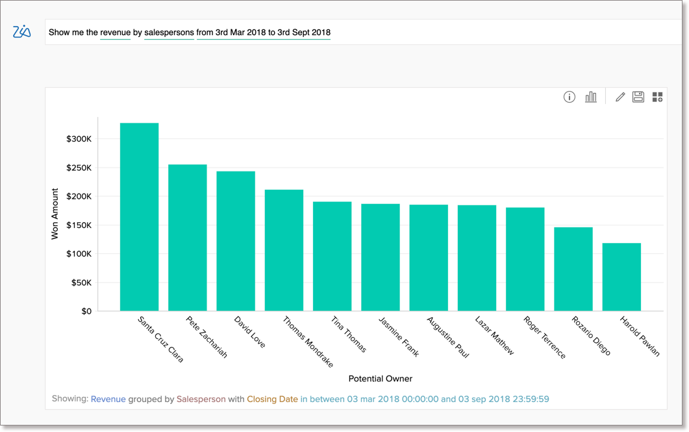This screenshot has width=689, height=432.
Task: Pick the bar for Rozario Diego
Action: [573, 269]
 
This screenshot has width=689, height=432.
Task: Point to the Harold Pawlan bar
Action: [621, 277]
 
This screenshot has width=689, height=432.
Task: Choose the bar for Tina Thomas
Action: [332, 256]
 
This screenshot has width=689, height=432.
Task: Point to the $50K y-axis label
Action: [81, 283]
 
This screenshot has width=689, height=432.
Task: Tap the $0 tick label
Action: [86, 311]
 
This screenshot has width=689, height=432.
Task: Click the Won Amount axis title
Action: [55, 214]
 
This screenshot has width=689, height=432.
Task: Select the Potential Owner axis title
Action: [381, 379]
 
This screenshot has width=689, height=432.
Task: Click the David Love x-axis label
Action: [250, 332]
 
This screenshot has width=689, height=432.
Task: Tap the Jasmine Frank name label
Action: [399, 337]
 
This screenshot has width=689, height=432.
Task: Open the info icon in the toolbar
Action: [570, 97]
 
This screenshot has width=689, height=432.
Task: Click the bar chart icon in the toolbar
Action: [591, 97]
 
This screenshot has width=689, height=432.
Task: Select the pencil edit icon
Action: [620, 97]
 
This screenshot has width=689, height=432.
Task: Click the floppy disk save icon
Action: [638, 97]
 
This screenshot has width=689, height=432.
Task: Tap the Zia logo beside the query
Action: [22, 32]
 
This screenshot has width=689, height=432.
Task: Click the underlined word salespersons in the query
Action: [169, 32]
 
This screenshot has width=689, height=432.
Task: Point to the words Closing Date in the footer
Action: [272, 399]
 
